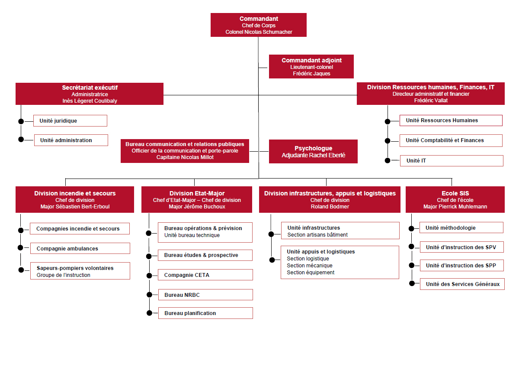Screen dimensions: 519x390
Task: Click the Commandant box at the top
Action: (259, 25)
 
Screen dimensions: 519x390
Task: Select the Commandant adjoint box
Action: (311, 67)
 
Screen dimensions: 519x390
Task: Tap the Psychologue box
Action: (313, 151)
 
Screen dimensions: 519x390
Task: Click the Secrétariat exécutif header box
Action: (90, 94)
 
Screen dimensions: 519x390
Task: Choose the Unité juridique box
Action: (70, 121)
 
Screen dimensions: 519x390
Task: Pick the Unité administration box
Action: (71, 140)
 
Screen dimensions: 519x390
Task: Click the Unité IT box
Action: (452, 161)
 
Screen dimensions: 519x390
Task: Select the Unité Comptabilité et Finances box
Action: (451, 141)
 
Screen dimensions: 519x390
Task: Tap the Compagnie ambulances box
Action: (80, 248)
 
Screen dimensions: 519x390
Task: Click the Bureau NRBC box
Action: (205, 295)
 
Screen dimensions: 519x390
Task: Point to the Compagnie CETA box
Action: (205, 275)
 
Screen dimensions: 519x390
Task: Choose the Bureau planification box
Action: (205, 313)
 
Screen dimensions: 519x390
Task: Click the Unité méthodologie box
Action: (461, 227)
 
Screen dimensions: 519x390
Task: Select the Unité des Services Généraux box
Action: (462, 284)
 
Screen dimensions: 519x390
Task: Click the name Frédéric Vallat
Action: (431, 101)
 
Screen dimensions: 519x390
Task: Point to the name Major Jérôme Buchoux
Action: (197, 207)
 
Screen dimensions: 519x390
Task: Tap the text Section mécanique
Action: (310, 266)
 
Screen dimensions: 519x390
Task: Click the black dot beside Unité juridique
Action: (21, 121)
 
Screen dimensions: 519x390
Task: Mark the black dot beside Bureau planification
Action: (149, 313)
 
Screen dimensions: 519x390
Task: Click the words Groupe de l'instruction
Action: (64, 275)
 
